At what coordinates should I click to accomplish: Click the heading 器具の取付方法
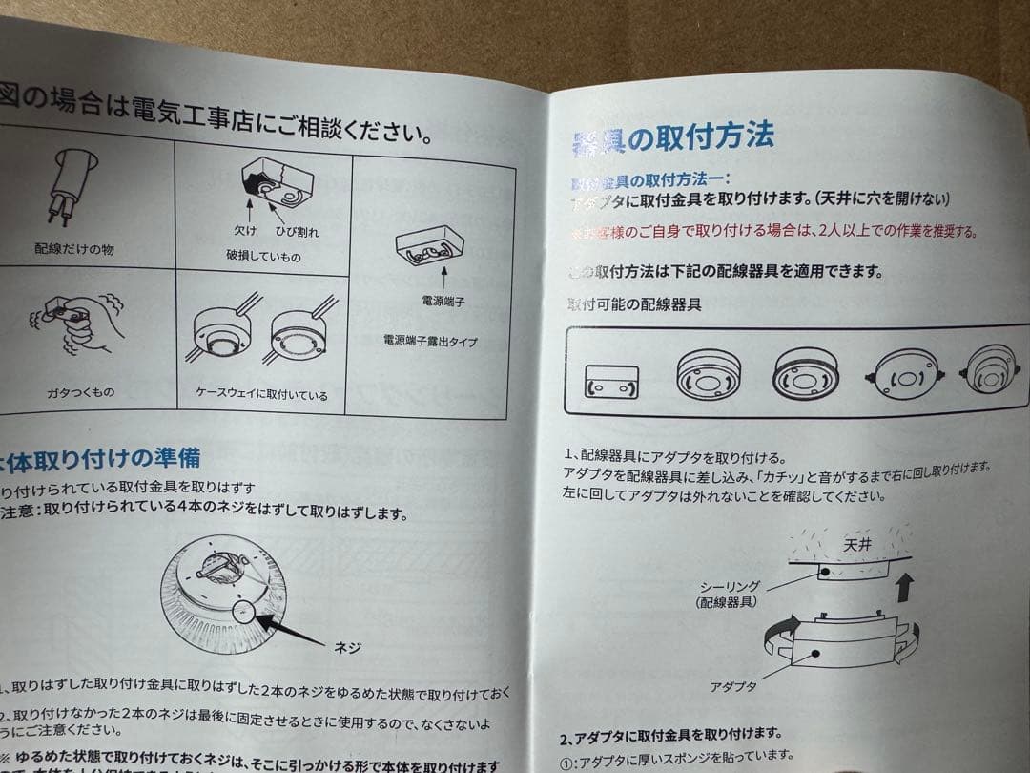click(x=672, y=139)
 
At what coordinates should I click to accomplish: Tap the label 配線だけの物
click(x=73, y=249)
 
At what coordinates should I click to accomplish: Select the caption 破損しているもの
click(x=263, y=256)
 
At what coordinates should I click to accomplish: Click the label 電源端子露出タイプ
click(x=430, y=340)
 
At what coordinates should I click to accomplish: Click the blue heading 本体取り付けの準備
click(x=99, y=459)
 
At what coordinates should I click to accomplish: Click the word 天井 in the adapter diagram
click(x=856, y=546)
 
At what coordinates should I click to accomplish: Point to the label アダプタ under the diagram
click(x=733, y=685)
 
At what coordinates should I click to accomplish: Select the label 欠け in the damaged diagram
click(x=245, y=230)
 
